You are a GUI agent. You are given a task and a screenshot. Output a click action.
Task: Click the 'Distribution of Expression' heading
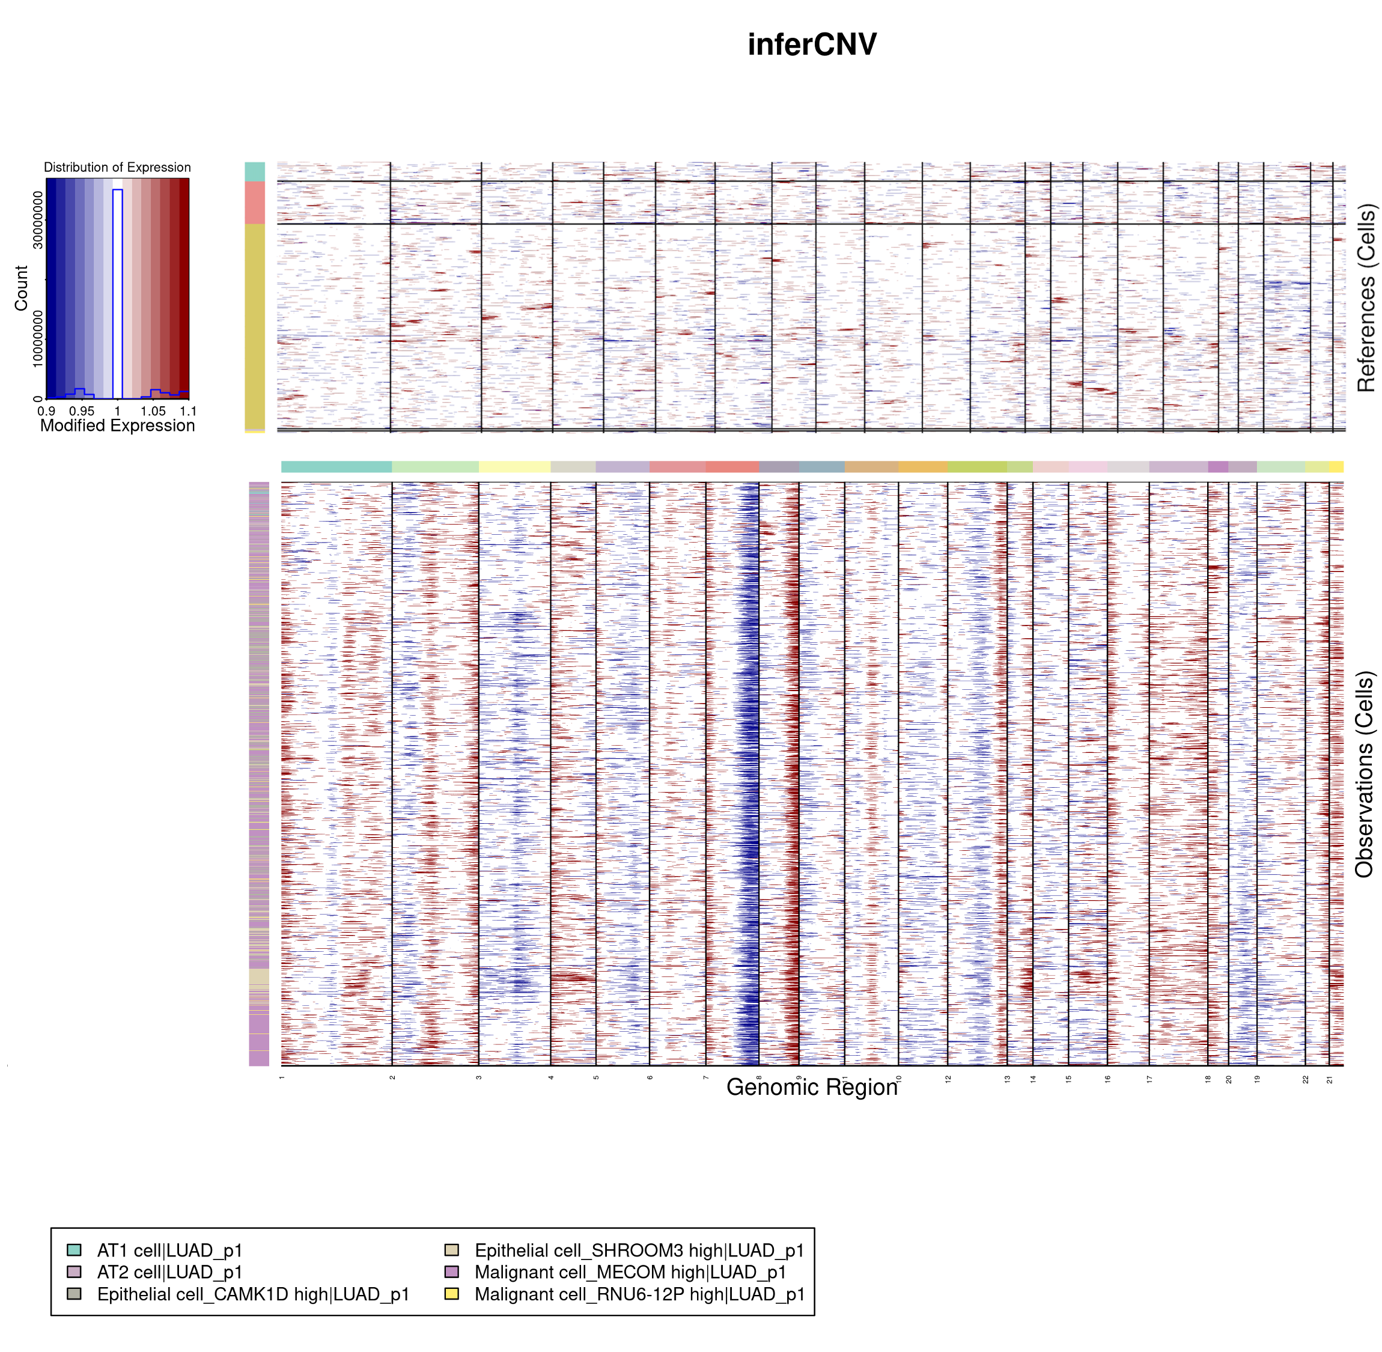[117, 168]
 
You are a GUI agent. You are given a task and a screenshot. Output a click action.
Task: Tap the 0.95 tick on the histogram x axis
[82, 411]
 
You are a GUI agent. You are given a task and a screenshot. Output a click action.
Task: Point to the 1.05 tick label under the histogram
[153, 411]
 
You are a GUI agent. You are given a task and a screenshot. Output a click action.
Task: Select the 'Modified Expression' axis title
[117, 426]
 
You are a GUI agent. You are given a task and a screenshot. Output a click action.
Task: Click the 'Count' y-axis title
[20, 288]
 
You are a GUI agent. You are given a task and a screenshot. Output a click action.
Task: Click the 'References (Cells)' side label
[1365, 298]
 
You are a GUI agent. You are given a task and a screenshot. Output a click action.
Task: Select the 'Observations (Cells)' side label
[1363, 775]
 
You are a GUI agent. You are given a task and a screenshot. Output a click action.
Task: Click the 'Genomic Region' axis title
[812, 1087]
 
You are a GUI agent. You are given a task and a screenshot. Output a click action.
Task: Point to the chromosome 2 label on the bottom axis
[392, 1078]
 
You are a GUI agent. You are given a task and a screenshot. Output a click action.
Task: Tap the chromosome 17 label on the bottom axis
[1149, 1079]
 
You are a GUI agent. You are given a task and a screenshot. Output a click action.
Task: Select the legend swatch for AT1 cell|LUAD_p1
[74, 1250]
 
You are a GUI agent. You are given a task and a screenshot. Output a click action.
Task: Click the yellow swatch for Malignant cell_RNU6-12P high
[451, 1294]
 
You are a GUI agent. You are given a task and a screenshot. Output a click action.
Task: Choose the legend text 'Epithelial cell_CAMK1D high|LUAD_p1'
[253, 1294]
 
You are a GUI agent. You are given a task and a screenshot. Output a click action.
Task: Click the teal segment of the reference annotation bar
[254, 171]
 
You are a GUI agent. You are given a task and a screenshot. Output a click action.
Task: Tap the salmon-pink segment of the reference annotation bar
[254, 202]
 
